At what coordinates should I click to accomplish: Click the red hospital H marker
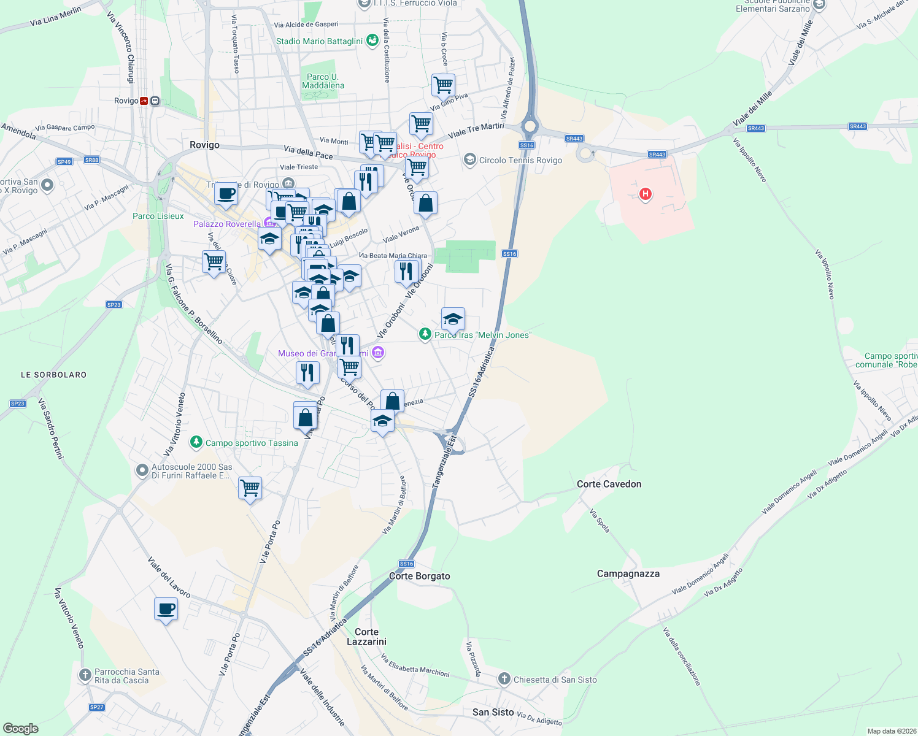(x=645, y=194)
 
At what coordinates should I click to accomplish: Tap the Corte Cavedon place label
(x=609, y=484)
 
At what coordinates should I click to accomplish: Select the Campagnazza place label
(x=628, y=573)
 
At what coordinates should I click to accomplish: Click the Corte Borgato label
(x=420, y=576)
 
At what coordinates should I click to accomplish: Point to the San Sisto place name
(x=493, y=712)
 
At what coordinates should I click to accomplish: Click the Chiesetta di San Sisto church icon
(x=504, y=679)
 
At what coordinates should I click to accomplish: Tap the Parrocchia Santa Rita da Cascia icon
(x=85, y=675)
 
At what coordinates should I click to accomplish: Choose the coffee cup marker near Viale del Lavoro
(x=166, y=610)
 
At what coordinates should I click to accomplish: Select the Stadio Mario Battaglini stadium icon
(x=372, y=40)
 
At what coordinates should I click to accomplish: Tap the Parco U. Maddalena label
(x=323, y=81)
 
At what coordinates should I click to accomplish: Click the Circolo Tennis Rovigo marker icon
(x=470, y=160)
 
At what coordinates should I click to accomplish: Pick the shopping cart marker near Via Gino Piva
(x=443, y=85)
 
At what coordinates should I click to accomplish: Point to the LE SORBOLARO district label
(x=54, y=375)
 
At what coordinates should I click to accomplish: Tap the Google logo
(x=21, y=728)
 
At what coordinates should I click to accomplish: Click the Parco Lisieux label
(x=158, y=216)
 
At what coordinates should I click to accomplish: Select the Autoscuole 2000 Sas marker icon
(x=142, y=470)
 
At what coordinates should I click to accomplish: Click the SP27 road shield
(x=96, y=707)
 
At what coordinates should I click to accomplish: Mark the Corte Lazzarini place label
(x=366, y=637)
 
